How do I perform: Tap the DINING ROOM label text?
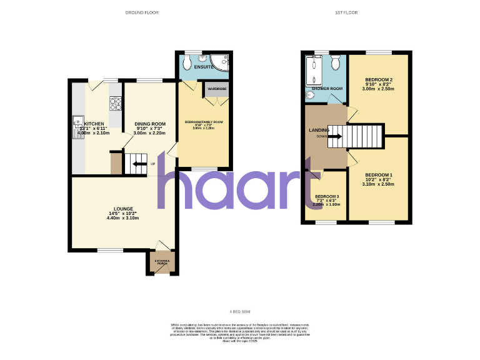(x=149, y=124)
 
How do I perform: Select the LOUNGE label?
(x=122, y=208)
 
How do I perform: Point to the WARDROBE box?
(x=217, y=89)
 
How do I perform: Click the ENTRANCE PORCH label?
(x=163, y=262)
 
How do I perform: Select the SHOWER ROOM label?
(x=327, y=88)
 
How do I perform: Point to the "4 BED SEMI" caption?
(x=240, y=311)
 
